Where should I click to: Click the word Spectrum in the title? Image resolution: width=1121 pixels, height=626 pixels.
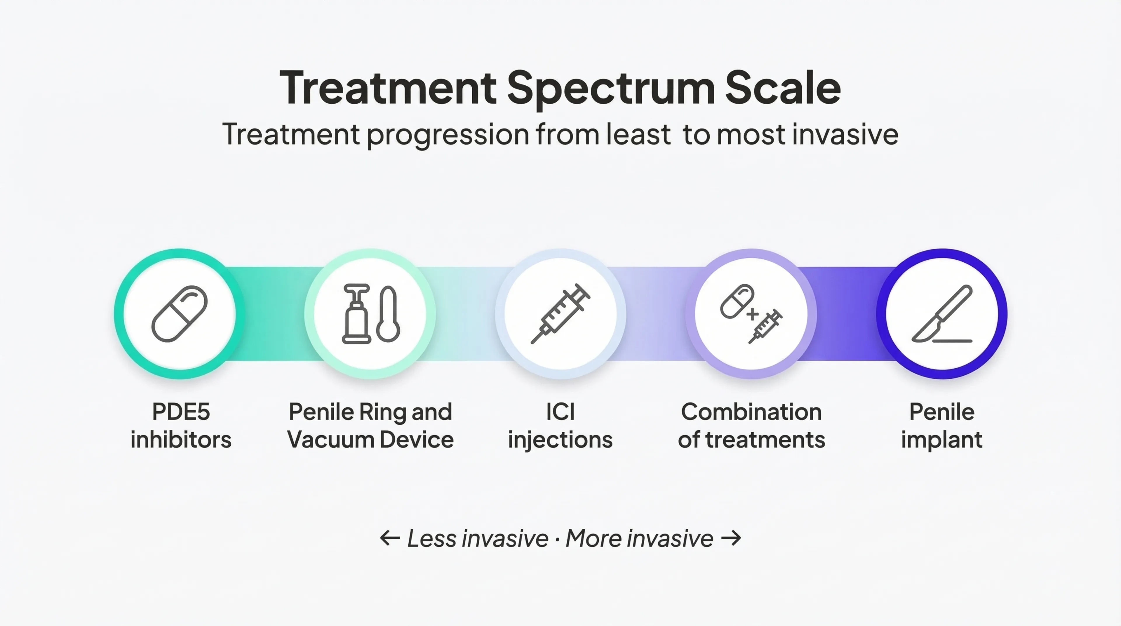click(x=610, y=89)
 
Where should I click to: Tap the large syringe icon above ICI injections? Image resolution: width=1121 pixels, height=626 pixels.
click(x=560, y=313)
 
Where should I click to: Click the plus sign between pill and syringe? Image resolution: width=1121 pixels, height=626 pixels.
click(x=752, y=314)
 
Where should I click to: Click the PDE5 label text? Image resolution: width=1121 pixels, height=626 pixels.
click(x=181, y=412)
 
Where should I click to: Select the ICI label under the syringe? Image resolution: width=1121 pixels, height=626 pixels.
click(x=560, y=412)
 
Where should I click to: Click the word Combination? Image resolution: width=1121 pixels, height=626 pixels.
click(x=751, y=412)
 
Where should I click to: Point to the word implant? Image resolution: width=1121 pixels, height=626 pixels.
click(x=941, y=440)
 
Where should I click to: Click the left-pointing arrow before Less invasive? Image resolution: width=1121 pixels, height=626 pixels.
click(x=389, y=538)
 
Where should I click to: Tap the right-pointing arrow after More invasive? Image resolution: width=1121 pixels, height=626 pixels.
click(x=731, y=538)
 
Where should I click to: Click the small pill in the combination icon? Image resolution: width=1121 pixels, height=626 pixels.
click(x=737, y=301)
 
